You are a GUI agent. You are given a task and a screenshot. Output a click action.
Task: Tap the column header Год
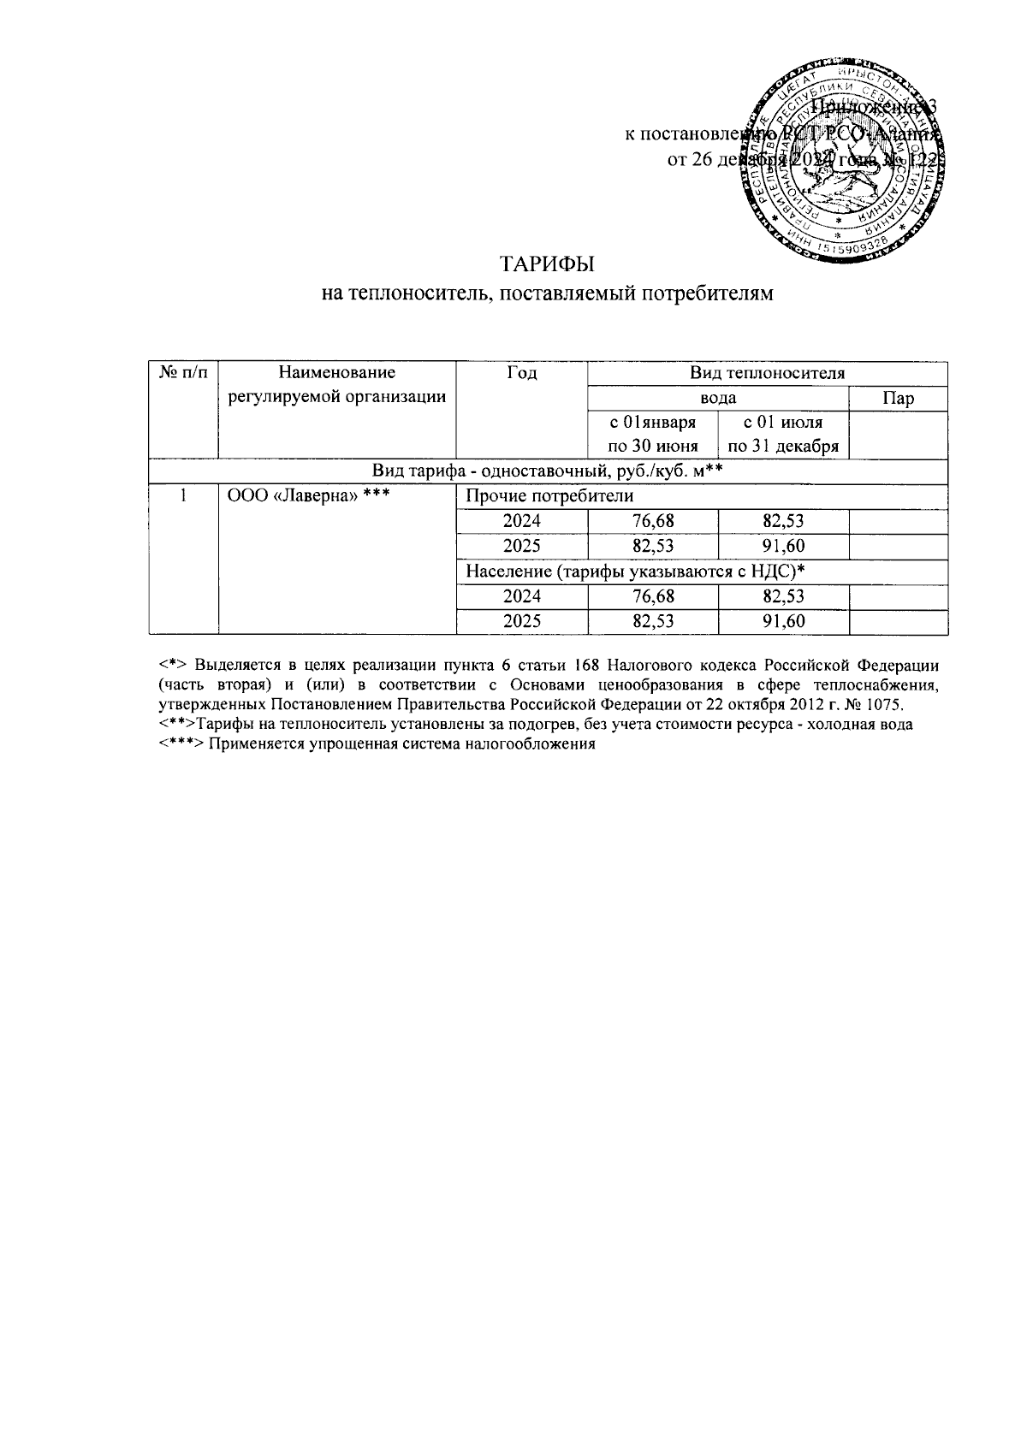521,373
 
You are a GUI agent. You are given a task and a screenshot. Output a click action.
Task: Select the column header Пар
898,399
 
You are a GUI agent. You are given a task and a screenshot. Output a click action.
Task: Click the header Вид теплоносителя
767,373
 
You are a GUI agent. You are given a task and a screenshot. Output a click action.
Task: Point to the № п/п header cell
183,373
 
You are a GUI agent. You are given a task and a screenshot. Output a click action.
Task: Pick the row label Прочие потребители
549,496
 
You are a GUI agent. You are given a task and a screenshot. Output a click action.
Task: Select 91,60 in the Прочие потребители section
783,546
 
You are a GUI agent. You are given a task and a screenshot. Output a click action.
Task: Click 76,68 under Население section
653,595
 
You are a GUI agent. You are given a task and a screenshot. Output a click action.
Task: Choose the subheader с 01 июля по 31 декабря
783,434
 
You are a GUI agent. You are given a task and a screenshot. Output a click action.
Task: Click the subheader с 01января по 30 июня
652,434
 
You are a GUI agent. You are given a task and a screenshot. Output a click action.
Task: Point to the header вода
718,399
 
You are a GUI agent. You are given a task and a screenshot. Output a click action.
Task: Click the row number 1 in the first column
183,496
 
